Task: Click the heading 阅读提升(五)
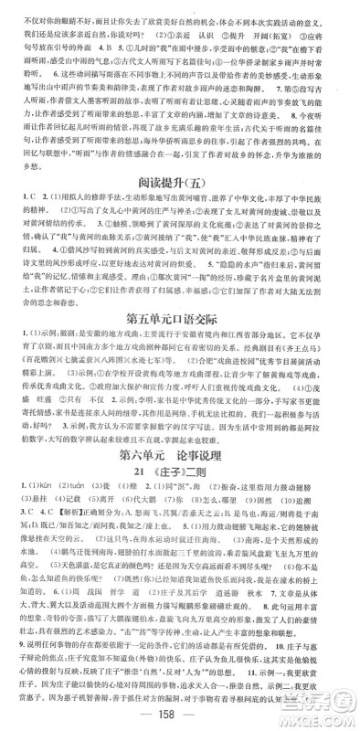tap(179, 209)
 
